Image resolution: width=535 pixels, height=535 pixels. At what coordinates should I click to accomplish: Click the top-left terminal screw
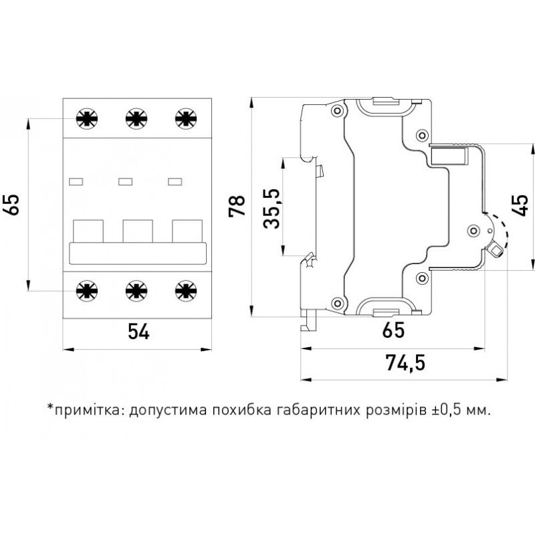86,118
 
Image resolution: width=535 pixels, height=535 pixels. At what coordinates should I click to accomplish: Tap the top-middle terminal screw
136,118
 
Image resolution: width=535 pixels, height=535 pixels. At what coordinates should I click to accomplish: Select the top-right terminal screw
185,118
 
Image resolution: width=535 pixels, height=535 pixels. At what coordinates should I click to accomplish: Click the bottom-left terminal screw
86,290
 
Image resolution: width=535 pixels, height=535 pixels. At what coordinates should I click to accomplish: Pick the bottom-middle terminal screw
136,290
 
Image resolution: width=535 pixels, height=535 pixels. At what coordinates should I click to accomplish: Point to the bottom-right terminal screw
185,290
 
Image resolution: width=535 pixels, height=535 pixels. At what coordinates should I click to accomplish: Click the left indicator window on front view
76,181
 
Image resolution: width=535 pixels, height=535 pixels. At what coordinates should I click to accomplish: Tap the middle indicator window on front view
125,181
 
